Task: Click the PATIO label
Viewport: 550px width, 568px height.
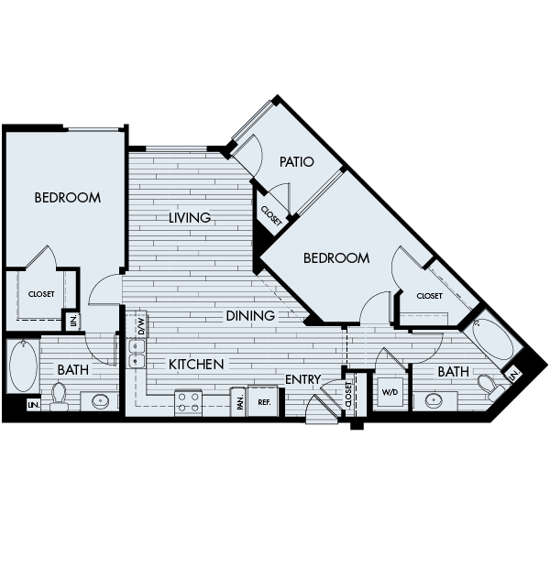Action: pyautogui.click(x=296, y=162)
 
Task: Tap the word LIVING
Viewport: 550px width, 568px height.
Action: pyautogui.click(x=190, y=218)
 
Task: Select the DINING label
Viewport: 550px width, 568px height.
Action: pyautogui.click(x=251, y=316)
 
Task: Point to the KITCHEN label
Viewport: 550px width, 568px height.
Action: pyautogui.click(x=196, y=365)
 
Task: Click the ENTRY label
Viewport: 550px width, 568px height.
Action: pyautogui.click(x=302, y=379)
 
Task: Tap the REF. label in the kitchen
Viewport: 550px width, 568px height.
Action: pyautogui.click(x=263, y=401)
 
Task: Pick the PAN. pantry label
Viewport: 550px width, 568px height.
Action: pyautogui.click(x=238, y=400)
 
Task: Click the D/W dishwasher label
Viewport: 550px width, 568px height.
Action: pyautogui.click(x=141, y=325)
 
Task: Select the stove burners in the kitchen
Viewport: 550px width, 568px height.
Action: pyautogui.click(x=189, y=400)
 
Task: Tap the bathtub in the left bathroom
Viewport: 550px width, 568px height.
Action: pyautogui.click(x=22, y=366)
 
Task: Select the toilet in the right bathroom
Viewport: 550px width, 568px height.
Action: pyautogui.click(x=486, y=385)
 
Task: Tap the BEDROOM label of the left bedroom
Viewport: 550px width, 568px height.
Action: pyautogui.click(x=67, y=197)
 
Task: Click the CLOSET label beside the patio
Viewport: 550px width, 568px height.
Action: pyautogui.click(x=271, y=215)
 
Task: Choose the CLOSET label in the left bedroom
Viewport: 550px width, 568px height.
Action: pyautogui.click(x=41, y=294)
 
